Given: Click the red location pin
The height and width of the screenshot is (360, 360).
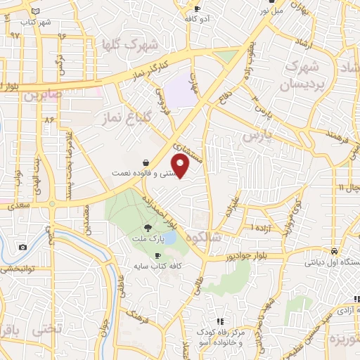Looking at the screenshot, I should coord(181,165).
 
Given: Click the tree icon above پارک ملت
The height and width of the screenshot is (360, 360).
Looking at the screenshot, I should coord(148,227).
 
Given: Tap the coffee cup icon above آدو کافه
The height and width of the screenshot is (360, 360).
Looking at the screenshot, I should coord(198,9).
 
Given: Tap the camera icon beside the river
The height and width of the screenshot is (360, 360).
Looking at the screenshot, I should coord(23,247).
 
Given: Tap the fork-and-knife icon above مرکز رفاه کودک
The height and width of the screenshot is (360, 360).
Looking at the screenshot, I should coord(220,321).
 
